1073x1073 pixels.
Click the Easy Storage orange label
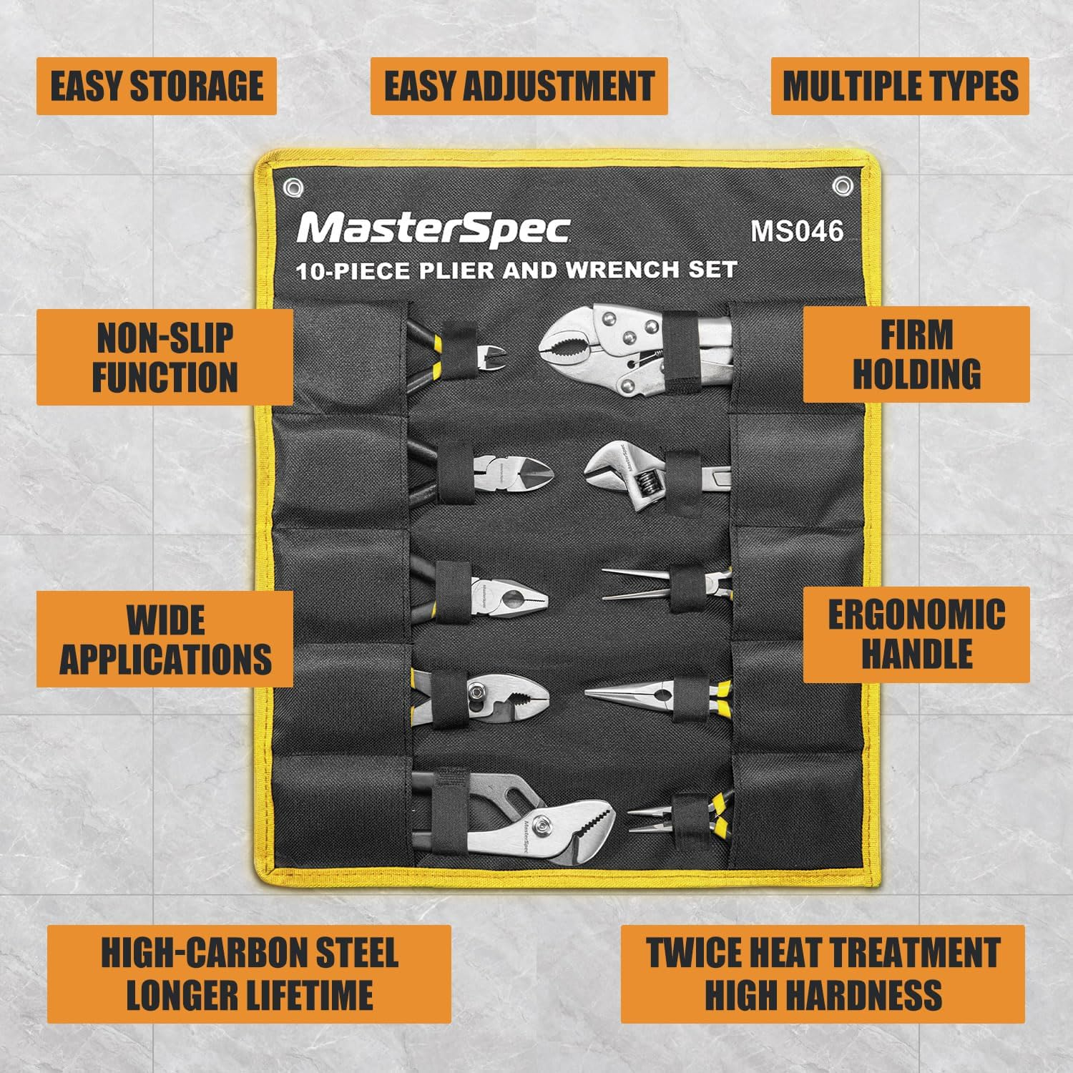point(156,87)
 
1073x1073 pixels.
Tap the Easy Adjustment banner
point(519,87)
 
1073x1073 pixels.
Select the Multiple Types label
point(900,87)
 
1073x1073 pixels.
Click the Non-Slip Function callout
point(165,357)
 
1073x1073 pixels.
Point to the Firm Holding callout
point(916,354)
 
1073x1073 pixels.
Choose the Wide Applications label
point(165,639)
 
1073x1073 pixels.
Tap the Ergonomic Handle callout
point(916,635)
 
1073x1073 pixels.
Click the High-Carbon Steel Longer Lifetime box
point(249,974)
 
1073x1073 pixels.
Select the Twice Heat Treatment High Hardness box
point(823,974)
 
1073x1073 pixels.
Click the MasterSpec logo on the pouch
point(433,229)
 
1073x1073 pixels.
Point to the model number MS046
point(797,231)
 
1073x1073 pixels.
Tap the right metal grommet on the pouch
point(843,187)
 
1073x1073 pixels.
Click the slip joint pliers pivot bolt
point(477,692)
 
